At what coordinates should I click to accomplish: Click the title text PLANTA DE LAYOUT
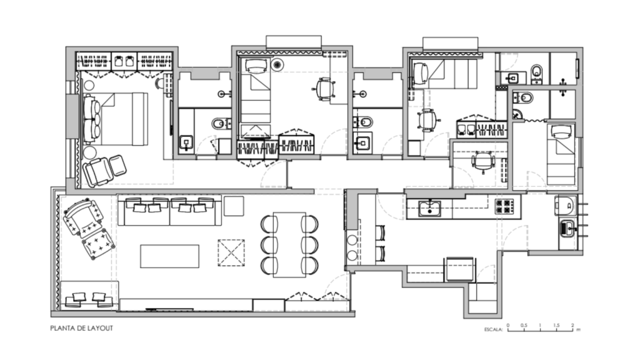pos(82,328)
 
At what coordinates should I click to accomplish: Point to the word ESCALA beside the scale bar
pos(494,329)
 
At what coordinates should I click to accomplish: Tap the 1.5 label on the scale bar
pos(557,325)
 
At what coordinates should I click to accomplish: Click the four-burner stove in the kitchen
pos(505,206)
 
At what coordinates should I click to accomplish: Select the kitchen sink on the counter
pos(430,207)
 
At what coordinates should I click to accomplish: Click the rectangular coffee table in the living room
pos(170,256)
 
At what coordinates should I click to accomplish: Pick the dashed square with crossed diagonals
pos(231,252)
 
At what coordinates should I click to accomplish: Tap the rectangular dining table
pos(289,245)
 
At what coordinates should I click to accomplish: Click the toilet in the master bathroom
pos(221,123)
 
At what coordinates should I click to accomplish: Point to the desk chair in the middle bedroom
pos(324,89)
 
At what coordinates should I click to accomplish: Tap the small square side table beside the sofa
pos(234,206)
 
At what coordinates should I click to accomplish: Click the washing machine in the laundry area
pos(565,206)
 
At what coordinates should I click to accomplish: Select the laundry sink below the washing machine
pos(567,229)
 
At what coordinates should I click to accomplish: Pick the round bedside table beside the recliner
pos(89,152)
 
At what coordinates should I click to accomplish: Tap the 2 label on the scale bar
pos(572,325)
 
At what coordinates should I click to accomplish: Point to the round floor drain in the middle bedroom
pos(277,64)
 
